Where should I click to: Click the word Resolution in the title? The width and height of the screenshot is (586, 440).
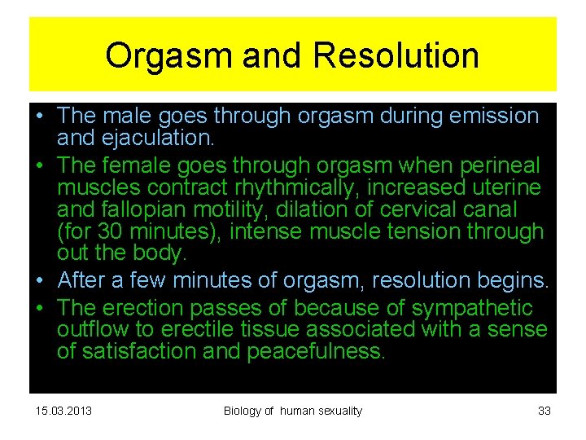[x=396, y=56]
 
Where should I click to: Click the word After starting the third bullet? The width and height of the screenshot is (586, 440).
[x=86, y=281]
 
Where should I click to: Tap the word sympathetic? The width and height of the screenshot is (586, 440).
[x=472, y=308]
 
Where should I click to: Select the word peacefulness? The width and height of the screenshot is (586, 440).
[x=314, y=351]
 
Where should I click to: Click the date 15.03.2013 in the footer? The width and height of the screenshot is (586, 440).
[x=64, y=411]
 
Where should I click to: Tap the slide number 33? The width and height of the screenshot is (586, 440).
[x=544, y=411]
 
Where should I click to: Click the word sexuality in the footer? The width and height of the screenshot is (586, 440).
[x=333, y=411]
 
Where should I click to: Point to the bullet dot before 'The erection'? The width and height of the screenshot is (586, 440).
[x=40, y=309]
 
